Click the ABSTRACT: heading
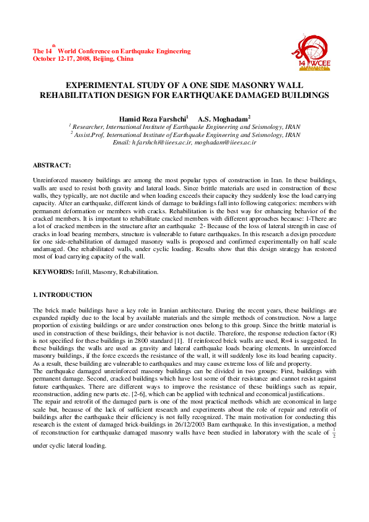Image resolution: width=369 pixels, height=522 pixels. tap(51, 165)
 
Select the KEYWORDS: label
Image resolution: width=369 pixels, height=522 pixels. tap(53, 272)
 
